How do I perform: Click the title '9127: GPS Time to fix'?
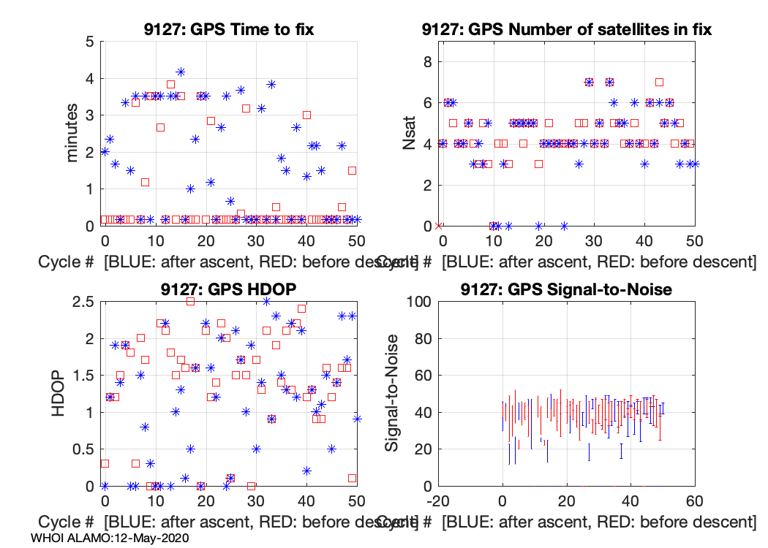point(229,30)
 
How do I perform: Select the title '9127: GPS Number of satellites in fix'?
point(567,30)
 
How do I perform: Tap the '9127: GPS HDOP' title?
point(229,289)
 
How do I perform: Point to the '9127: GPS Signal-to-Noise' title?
point(567,289)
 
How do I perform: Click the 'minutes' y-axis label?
point(72,134)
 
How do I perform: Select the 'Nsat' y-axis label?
point(410,134)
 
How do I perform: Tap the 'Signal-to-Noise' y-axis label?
point(392,393)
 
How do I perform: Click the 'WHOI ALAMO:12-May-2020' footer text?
point(110,538)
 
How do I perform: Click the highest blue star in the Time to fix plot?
point(181,72)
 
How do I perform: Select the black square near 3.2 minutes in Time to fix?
point(246,108)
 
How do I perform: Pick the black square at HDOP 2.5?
point(190,301)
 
